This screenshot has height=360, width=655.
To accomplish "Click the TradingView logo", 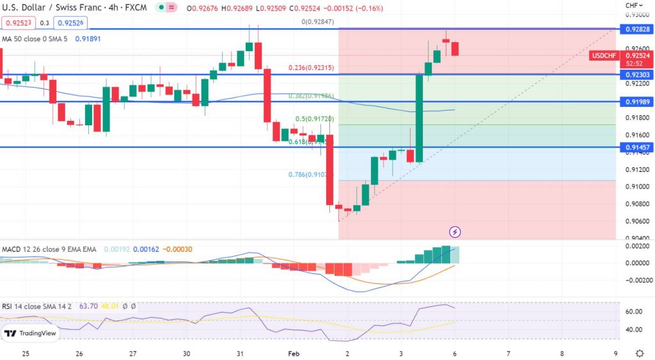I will tap(30, 333).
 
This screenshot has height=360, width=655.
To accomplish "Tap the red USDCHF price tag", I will tap(604, 56).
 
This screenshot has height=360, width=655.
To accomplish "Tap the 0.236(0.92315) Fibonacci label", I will tap(310, 68).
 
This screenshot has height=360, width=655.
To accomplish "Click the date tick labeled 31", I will tap(239, 353).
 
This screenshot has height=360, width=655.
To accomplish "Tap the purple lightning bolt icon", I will tap(455, 231).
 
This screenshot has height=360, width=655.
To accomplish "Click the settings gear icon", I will tap(640, 353).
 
